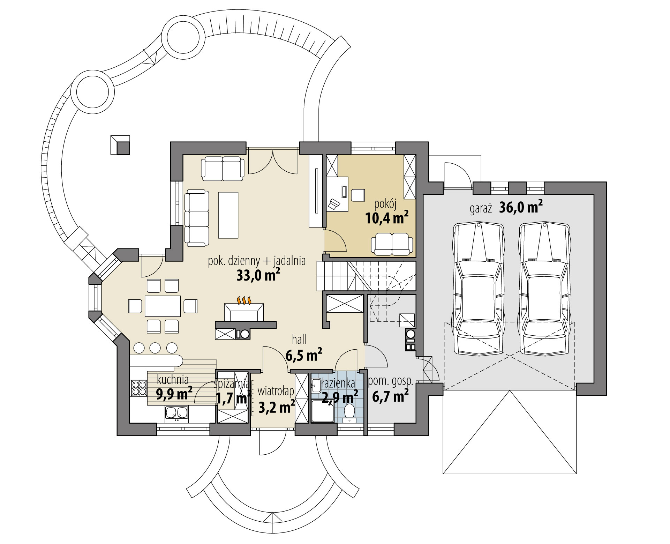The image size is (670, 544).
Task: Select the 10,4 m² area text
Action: pos(387,219)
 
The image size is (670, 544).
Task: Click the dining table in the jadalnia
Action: pos(163,306)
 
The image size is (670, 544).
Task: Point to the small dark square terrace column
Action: pos(123,148)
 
